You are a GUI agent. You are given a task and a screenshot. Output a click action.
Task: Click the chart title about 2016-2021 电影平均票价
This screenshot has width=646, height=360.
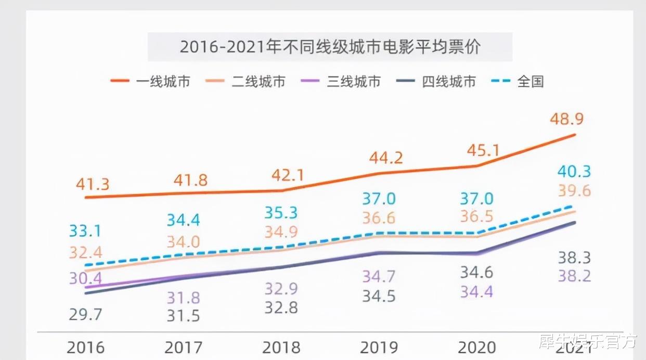click(330, 47)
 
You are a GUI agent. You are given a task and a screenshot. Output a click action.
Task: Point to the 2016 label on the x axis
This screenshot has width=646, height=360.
click(85, 347)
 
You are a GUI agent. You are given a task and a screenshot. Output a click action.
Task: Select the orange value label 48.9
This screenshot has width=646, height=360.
click(566, 119)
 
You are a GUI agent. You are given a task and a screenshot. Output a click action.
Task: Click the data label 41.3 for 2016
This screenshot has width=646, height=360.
click(92, 185)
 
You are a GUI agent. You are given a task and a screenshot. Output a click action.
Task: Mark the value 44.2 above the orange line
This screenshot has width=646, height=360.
click(385, 158)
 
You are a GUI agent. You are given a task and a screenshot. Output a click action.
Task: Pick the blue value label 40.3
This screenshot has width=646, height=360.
click(574, 171)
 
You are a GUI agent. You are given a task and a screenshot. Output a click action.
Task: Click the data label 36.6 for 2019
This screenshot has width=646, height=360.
click(379, 217)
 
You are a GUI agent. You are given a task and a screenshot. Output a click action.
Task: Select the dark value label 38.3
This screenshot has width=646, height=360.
click(574, 258)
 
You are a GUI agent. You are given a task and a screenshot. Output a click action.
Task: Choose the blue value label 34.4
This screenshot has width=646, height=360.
click(184, 220)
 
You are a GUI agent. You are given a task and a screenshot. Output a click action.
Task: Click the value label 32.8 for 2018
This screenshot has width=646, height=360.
click(280, 307)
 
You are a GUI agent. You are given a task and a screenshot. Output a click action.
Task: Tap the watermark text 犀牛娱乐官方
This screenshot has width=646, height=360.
click(588, 341)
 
